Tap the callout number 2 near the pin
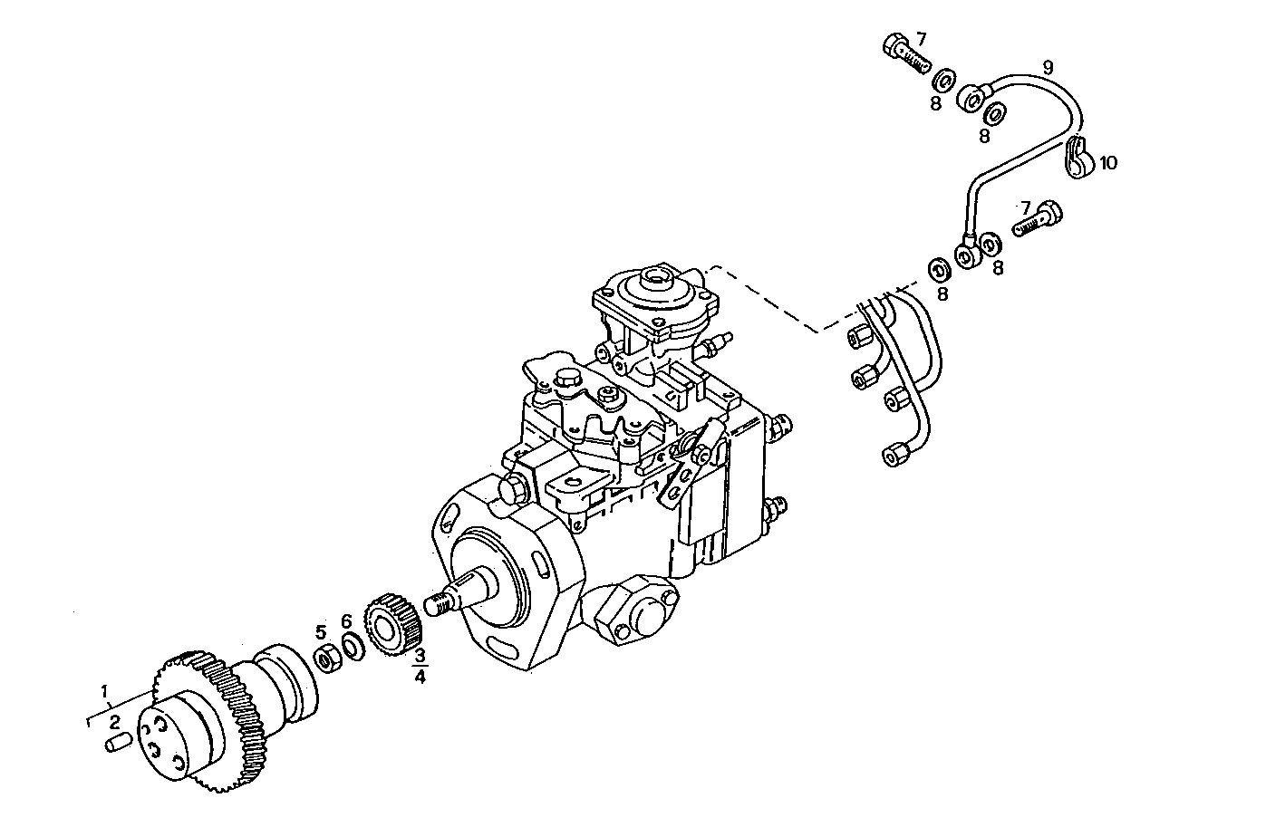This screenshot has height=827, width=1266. (115, 722)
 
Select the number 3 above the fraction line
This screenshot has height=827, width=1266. (420, 655)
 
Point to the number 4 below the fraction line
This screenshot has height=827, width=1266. (420, 676)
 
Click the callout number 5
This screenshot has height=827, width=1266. (321, 631)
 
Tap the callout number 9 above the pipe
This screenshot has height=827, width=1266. (1048, 67)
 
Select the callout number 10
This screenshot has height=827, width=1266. (1108, 163)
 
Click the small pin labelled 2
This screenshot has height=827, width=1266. (115, 745)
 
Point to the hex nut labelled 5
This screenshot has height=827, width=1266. (324, 657)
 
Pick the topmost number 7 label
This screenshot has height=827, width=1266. (921, 39)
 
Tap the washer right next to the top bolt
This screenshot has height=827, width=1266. (942, 81)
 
